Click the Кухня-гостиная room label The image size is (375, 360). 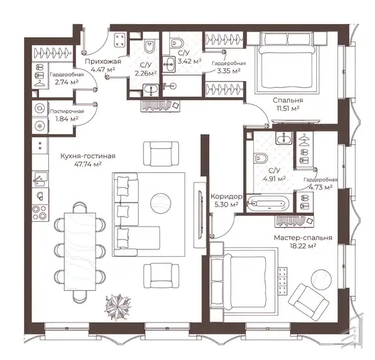coord(88,156)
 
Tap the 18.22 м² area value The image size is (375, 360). coord(303,245)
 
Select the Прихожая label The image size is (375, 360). coord(103,61)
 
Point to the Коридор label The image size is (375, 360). coord(226,196)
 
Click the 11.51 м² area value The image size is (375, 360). coord(288,108)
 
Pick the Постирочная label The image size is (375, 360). coord(67,111)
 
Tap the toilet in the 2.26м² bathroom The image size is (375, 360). coord(150,46)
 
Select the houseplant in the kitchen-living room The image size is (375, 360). coord(118,307)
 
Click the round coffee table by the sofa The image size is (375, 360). coord(161,202)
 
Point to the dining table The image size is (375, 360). coord(80,252)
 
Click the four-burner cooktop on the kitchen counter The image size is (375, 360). coord(40,213)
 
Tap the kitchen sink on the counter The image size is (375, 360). coord(40,178)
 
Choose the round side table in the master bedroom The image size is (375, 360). coord(321,280)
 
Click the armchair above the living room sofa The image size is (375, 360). coord(161,154)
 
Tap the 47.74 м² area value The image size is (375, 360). coord(88,164)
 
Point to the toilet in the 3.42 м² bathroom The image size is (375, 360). coord(177,42)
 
